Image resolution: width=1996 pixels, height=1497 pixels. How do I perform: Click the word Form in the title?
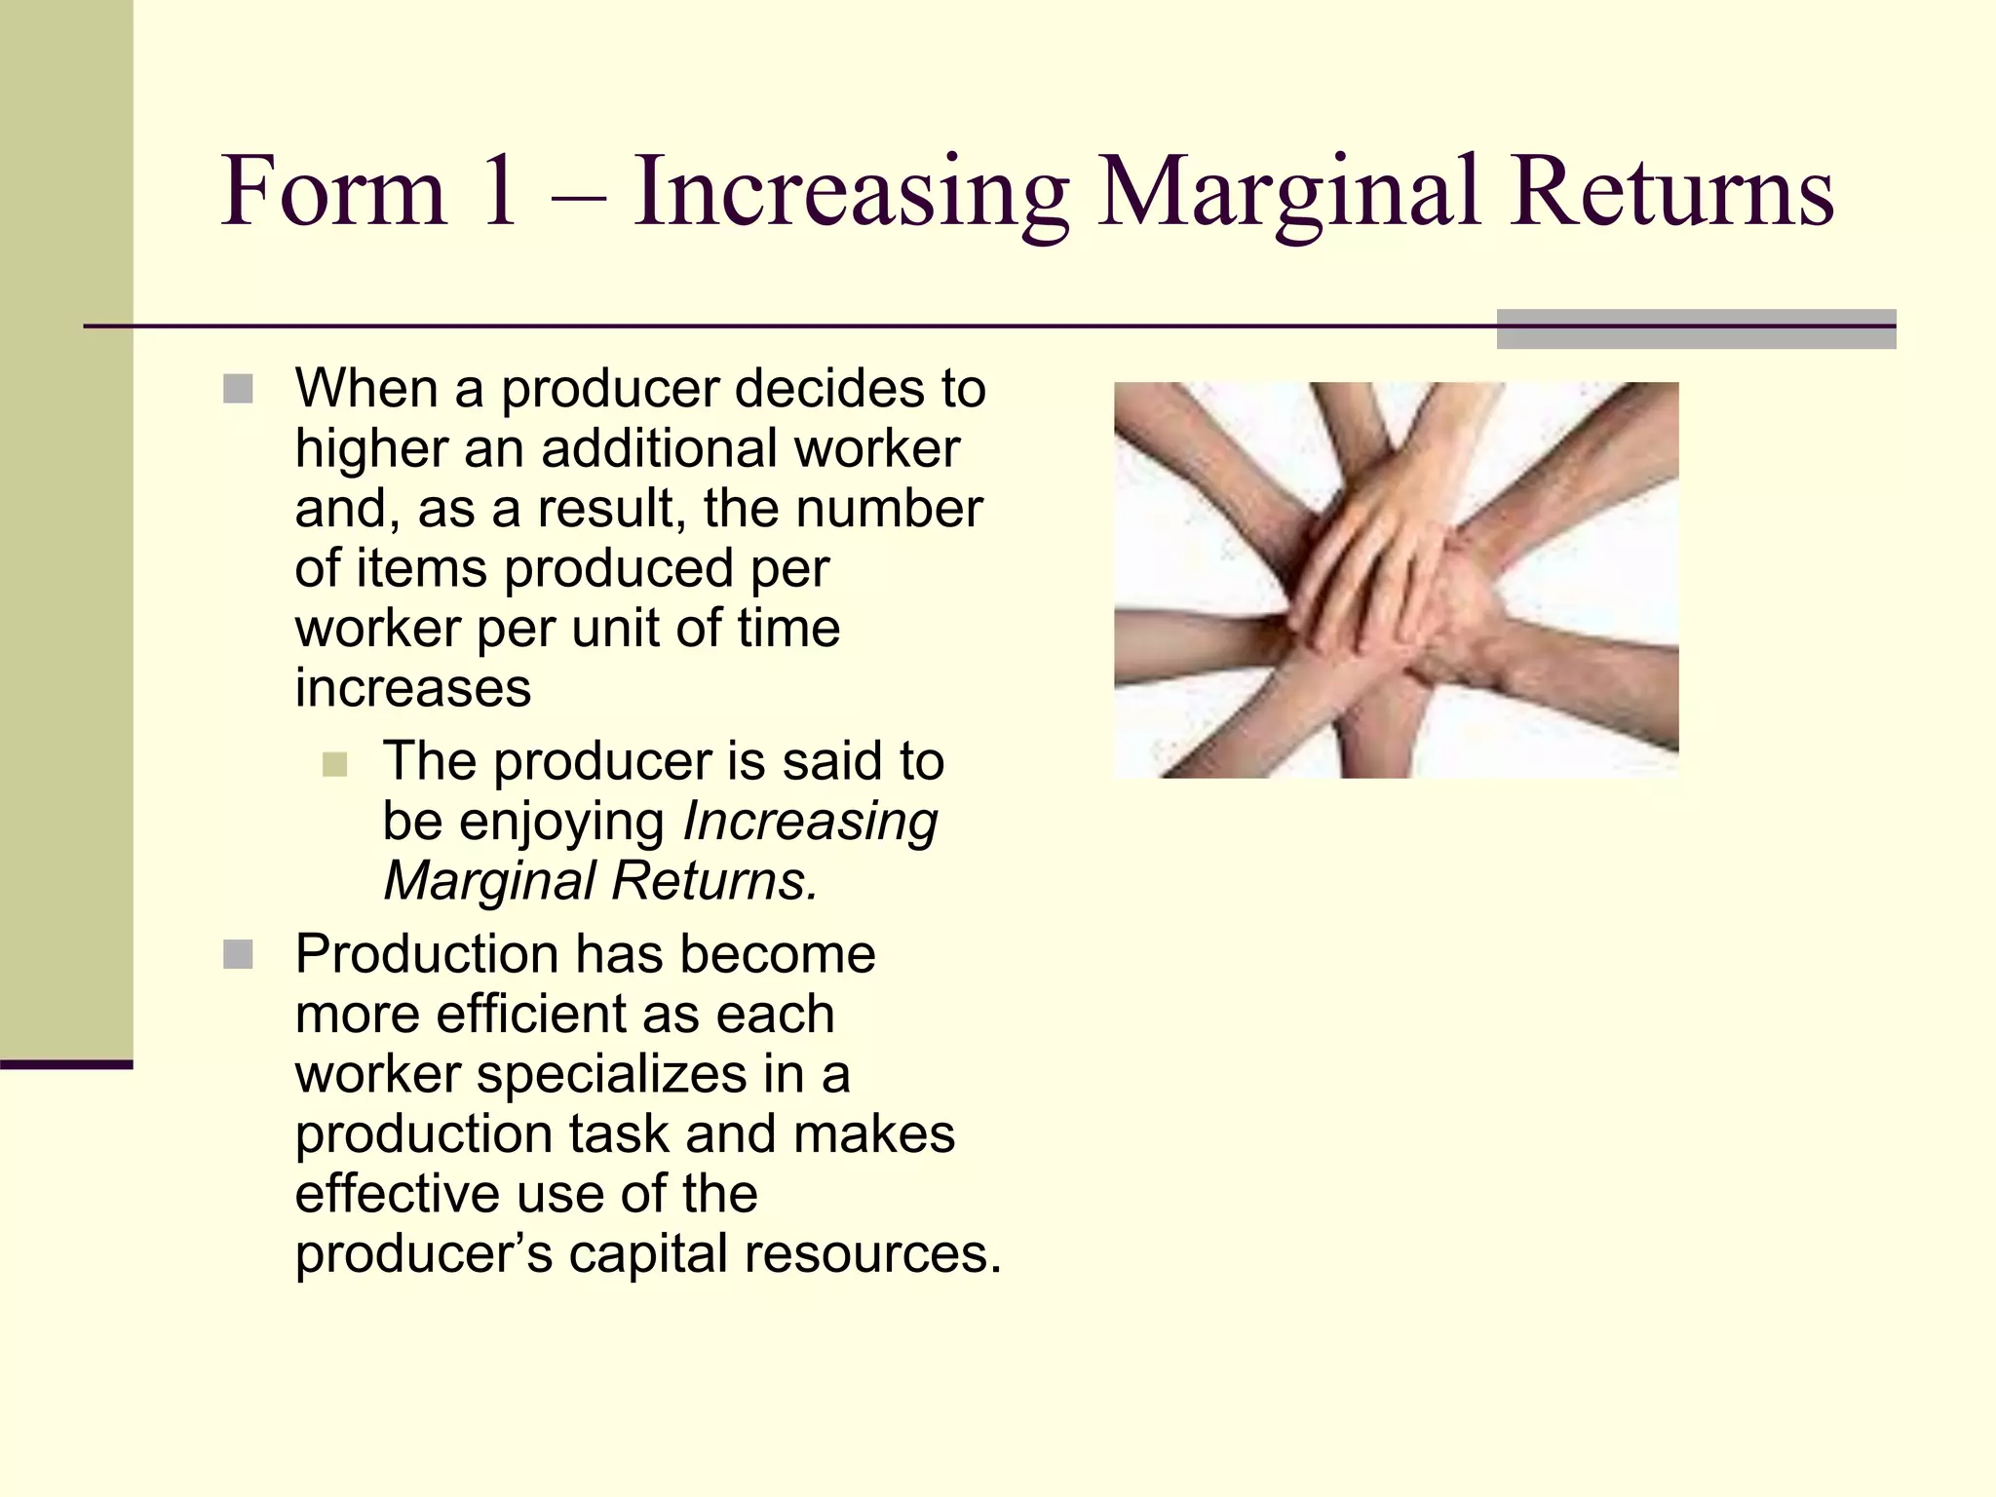click(333, 191)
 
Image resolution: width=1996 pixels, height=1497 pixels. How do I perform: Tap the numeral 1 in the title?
click(499, 191)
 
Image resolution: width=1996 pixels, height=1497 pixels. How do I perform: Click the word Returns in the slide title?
click(1672, 191)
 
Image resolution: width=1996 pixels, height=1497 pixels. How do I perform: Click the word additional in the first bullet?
click(658, 450)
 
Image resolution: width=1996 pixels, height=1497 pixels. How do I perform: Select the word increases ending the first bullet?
click(413, 689)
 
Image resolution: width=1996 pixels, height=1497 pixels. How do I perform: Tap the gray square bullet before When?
click(238, 389)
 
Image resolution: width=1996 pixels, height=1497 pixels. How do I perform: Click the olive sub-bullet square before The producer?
click(334, 763)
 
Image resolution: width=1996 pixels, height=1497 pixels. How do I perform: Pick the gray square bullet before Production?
click(238, 954)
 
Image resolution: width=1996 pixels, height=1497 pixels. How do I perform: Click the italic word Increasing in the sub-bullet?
click(810, 822)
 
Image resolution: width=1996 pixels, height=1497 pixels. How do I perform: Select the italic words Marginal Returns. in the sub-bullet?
click(599, 881)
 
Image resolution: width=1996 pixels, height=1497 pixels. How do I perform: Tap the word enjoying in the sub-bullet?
click(561, 822)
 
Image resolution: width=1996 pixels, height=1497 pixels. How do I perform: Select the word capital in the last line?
click(647, 1254)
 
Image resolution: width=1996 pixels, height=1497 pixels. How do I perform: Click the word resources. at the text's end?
click(872, 1254)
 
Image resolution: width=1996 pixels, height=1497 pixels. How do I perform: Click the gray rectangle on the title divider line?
click(1696, 329)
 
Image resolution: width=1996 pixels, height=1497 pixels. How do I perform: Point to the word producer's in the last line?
click(424, 1254)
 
